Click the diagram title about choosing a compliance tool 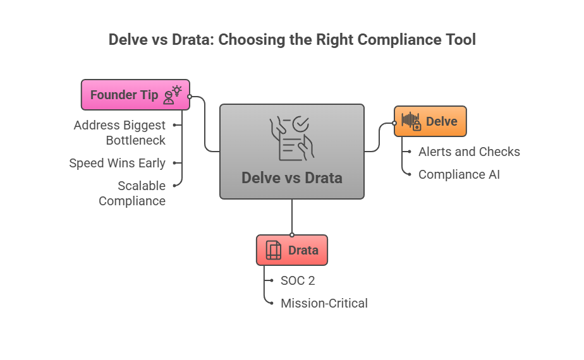coord(292,39)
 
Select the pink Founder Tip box coord(135,95)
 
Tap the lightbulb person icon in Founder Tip coord(172,95)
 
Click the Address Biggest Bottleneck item coord(119,132)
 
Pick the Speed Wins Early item coord(117,163)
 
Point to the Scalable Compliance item coord(132,193)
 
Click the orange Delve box coord(430,121)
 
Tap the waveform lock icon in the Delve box coord(411,121)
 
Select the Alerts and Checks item coord(469,152)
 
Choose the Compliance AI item coord(459,174)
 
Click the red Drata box coord(291,250)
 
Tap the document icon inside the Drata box coord(274,250)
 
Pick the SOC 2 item coord(298,280)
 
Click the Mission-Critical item coord(324,303)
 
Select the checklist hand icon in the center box coord(291,138)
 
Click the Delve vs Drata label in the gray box coord(291,178)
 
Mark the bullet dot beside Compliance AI coord(410,174)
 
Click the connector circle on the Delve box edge coord(394,123)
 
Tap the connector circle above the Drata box coord(292,234)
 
